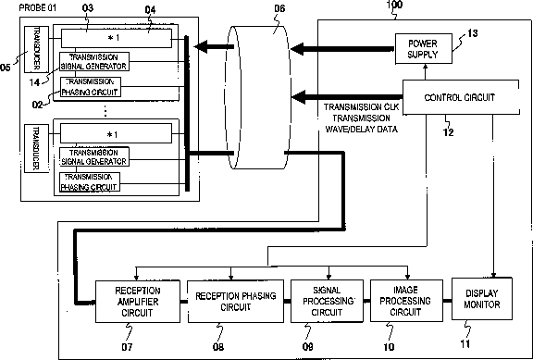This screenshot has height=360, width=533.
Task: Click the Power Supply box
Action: [x=424, y=49]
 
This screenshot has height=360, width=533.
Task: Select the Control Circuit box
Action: [x=461, y=97]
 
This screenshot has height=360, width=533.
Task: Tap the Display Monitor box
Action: [x=482, y=299]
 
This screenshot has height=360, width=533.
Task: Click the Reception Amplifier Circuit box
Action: [x=137, y=302]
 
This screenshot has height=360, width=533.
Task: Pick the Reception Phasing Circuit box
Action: [x=236, y=301]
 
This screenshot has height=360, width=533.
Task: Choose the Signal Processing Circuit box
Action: [x=327, y=301]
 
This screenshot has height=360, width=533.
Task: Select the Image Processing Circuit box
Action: [x=406, y=301]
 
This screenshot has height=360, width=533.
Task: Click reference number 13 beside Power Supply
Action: [x=473, y=33]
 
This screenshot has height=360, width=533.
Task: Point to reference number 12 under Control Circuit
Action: [x=449, y=132]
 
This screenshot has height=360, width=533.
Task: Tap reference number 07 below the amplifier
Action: [x=127, y=347]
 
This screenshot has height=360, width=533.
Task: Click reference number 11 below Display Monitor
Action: [x=465, y=343]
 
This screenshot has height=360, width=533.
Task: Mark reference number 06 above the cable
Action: [x=279, y=8]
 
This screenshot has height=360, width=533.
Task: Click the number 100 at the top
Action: [x=394, y=5]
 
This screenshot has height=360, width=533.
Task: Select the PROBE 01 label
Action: [x=38, y=7]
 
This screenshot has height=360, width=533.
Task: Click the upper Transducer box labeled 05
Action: [x=36, y=49]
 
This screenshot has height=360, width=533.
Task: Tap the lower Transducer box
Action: [x=36, y=148]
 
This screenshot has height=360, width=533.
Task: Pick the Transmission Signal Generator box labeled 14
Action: [x=94, y=61]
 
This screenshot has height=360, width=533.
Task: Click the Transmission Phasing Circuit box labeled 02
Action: [x=91, y=87]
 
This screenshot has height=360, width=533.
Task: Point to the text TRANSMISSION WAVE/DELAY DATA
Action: [x=361, y=124]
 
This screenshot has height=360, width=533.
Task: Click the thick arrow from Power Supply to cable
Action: [x=342, y=49]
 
